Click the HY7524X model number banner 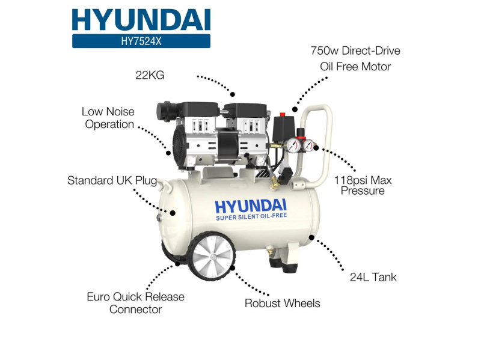tap(141, 41)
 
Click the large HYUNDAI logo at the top tap(141, 19)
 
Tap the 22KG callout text tap(149, 75)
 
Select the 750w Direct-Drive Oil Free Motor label tap(355, 58)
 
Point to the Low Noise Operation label tap(109, 118)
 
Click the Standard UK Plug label tap(112, 180)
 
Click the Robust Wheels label tap(282, 303)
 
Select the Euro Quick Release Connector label tap(136, 303)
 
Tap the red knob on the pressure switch tap(282, 114)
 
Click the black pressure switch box tap(282, 129)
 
